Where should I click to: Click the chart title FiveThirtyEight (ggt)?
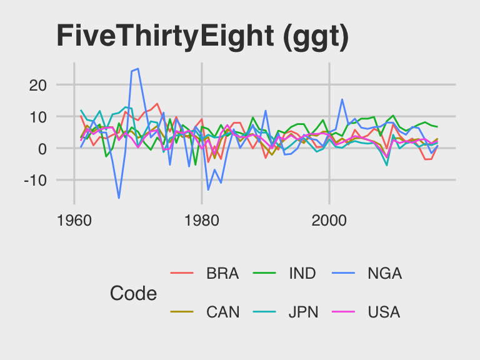202,36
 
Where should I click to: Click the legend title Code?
133,293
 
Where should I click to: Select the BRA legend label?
222,274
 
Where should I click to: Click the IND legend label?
302,274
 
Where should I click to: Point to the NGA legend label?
385,274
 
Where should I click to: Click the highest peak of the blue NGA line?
137,69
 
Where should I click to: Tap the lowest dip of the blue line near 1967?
119,198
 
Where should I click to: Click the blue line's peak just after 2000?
342,99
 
